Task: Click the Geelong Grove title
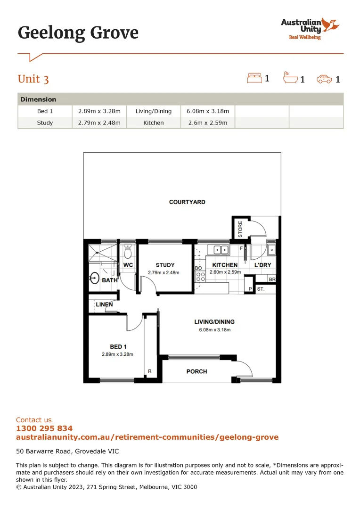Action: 78,33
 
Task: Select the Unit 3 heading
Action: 33,79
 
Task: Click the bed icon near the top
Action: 254,78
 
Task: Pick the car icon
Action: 324,79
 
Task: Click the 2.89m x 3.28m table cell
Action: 99,111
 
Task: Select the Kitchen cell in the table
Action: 154,123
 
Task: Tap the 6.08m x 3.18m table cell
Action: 208,111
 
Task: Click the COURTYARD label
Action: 187,202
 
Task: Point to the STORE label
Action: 240,229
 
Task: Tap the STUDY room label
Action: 165,265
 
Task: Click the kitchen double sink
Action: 221,250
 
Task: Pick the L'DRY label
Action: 262,265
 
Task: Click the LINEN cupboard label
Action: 104,304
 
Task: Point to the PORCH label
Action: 196,371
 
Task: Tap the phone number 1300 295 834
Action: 44,428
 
